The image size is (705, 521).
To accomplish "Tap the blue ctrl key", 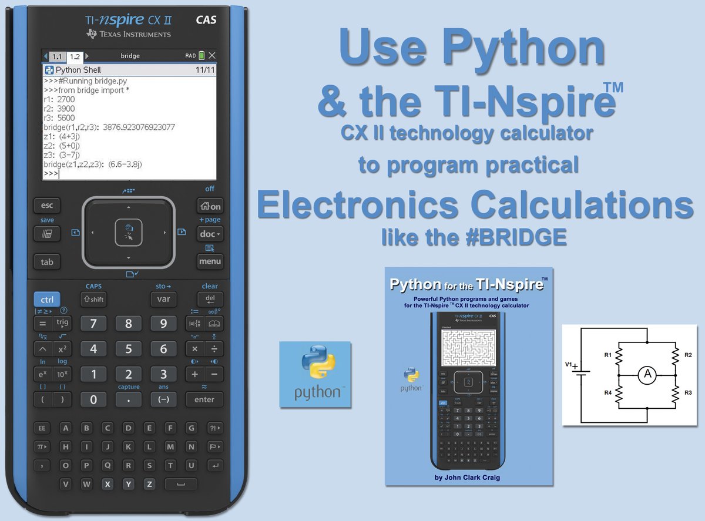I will point(46,300).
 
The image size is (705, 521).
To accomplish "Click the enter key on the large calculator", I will point(204,399).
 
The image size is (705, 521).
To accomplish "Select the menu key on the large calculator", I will point(210,261).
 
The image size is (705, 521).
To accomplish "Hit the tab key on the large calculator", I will point(47,262).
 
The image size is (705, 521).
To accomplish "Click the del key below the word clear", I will point(210,299).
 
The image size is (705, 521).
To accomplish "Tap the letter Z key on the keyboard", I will point(150,485).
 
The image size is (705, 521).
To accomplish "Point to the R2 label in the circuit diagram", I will point(688,355).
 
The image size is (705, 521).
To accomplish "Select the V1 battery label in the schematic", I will point(569,365).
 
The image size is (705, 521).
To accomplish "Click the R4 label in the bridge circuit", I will point(607,392).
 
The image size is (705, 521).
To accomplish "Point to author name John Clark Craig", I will point(468,477).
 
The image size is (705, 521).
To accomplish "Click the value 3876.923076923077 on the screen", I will point(139,127).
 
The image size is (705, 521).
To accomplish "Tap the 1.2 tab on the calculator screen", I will point(74,56).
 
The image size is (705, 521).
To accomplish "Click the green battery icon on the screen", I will point(202,56).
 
